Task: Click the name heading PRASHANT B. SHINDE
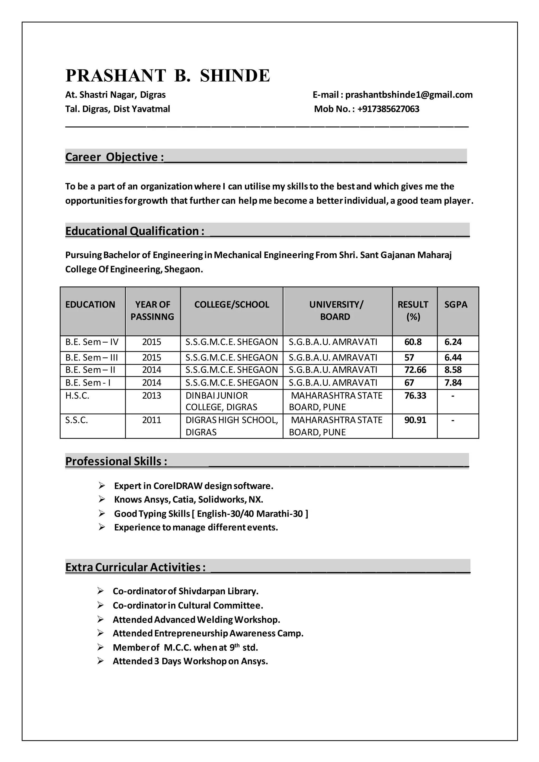[x=168, y=76]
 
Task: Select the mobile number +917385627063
[x=388, y=109]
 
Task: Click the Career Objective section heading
[x=114, y=157]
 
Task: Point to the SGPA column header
[x=455, y=304]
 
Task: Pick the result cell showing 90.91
[x=415, y=420]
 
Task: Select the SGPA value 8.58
[x=453, y=370]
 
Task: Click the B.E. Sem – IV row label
[x=92, y=342]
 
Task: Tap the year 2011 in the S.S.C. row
[x=151, y=420]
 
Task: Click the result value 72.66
[x=415, y=370]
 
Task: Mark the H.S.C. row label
[x=77, y=395]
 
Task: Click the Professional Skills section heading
[x=116, y=461]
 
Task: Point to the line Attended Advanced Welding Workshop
[x=196, y=620]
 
